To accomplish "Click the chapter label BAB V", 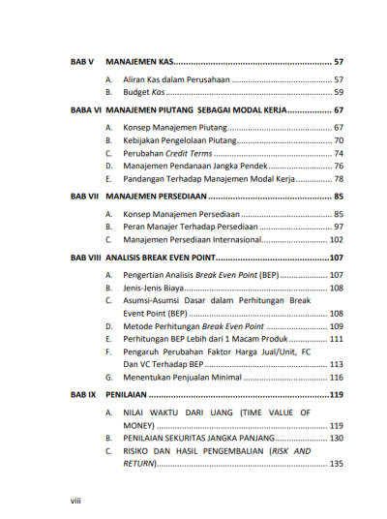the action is tap(81, 61).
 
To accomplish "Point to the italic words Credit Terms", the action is tap(188, 153).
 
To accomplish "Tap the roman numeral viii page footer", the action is tap(77, 500).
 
